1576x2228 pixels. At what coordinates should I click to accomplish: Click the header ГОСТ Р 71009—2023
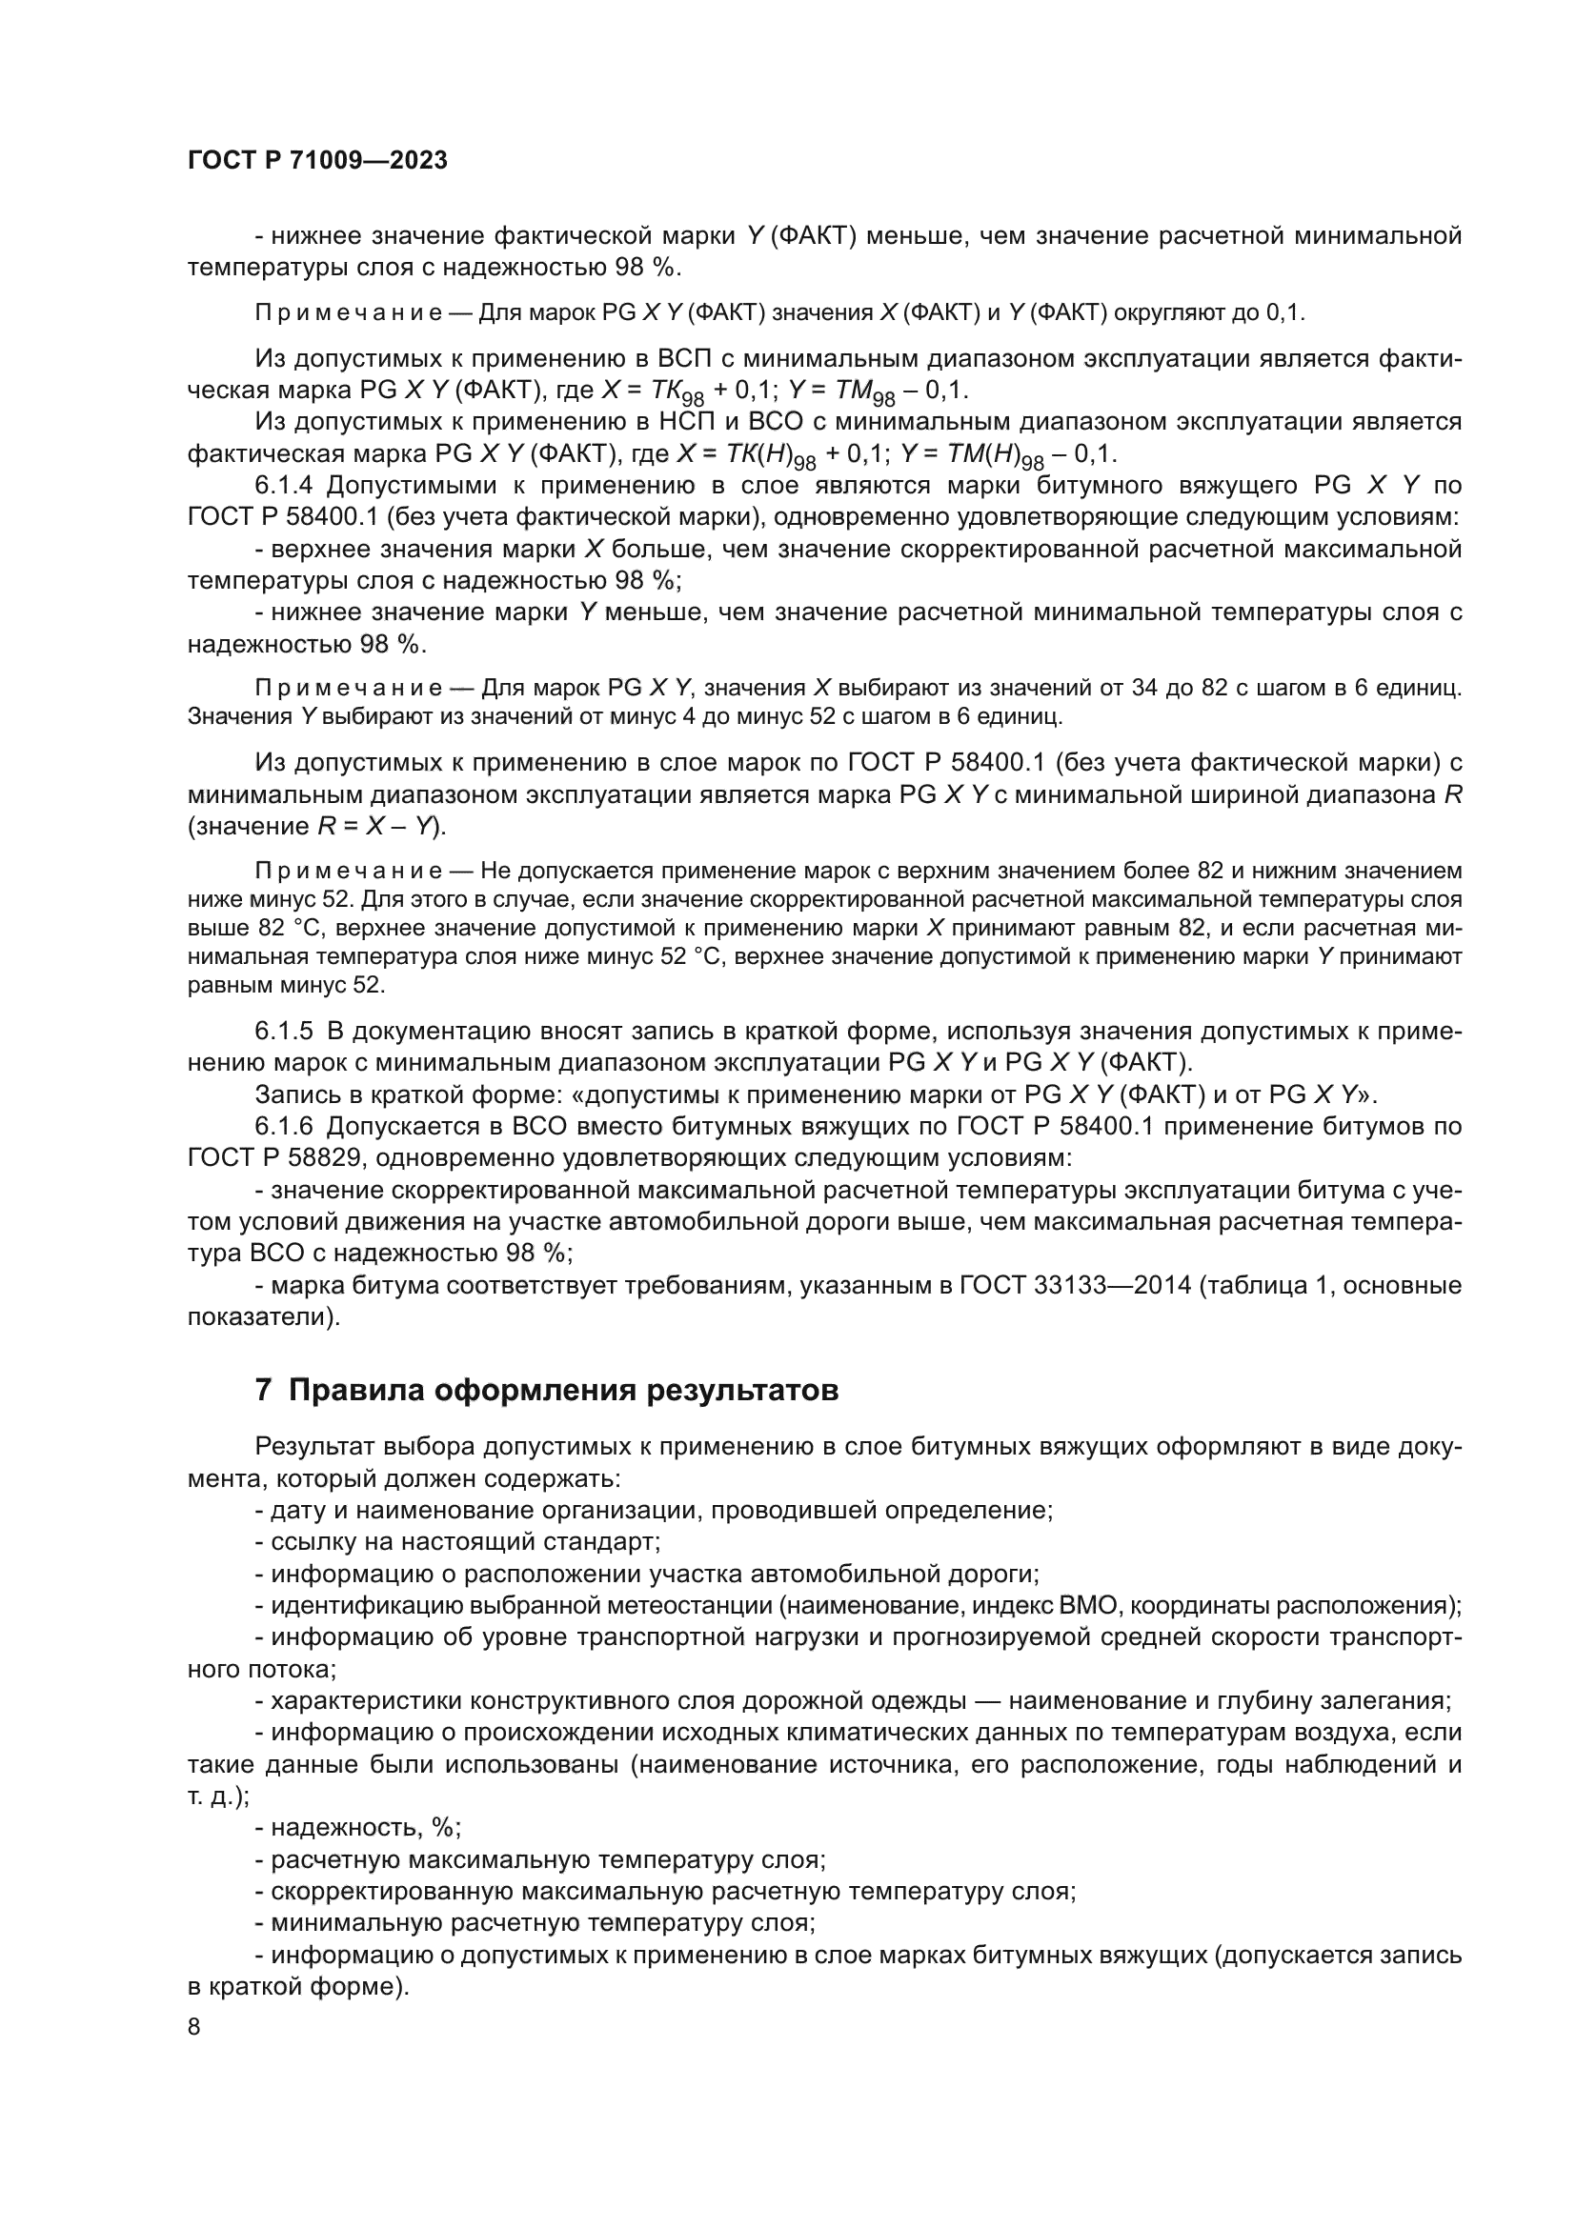click(x=317, y=161)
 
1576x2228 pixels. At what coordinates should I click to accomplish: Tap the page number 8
click(x=194, y=2027)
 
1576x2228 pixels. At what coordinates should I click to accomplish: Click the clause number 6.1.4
click(x=287, y=485)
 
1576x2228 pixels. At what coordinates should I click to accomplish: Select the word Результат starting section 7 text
click(x=313, y=1447)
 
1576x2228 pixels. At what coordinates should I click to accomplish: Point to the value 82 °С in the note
click(x=223, y=928)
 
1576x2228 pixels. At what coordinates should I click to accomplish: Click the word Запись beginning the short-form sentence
click(x=294, y=1094)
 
